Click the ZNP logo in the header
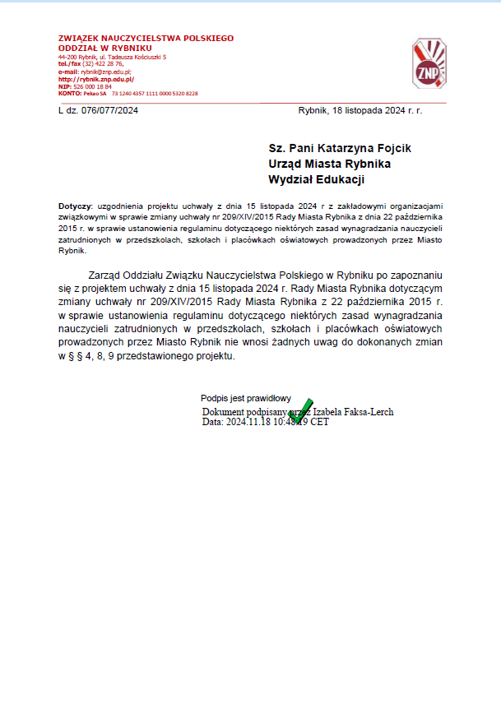429,65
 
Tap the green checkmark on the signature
300,410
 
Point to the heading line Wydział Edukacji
317,179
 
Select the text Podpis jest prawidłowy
246,399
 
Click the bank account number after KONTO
155,94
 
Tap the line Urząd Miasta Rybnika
329,164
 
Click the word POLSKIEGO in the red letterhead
206,38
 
